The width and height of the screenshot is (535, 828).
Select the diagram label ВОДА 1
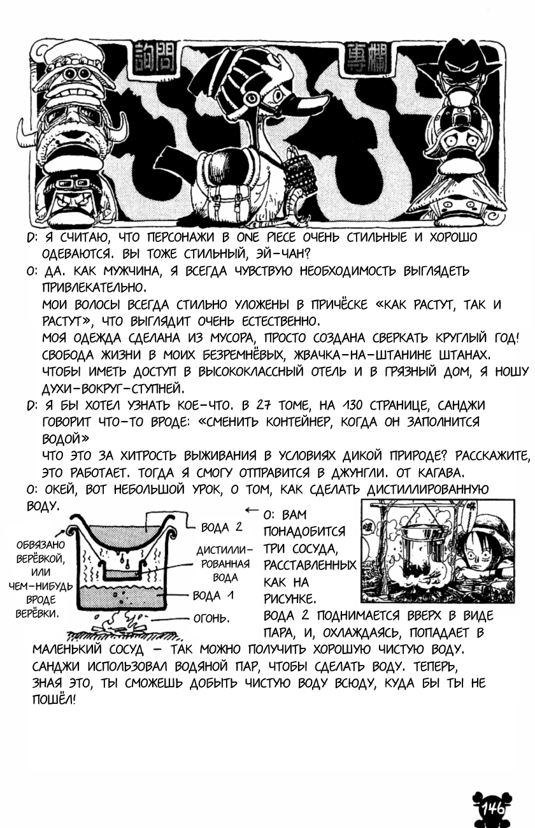point(217,596)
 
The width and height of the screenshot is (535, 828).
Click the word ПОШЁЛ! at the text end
point(53,699)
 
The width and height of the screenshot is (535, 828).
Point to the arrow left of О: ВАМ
point(252,510)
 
